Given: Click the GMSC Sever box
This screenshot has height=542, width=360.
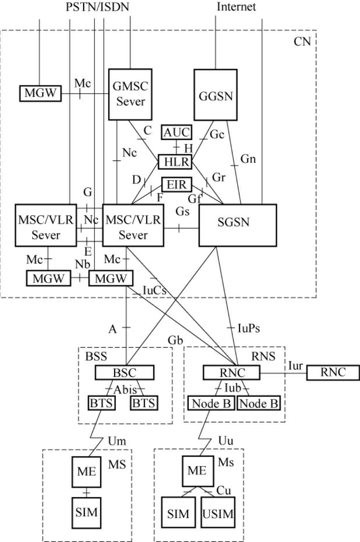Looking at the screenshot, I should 130,94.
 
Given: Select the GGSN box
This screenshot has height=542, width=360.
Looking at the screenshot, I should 215,95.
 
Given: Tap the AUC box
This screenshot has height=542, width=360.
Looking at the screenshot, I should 177,133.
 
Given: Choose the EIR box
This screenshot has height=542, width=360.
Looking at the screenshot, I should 177,184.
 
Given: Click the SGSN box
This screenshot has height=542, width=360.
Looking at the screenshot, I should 238,225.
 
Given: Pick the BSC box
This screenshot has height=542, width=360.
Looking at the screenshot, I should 124,372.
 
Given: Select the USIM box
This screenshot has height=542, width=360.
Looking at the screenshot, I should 218,514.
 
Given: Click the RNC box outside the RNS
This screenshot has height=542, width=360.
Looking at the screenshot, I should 333,372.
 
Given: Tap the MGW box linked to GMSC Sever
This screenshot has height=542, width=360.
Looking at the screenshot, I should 40,93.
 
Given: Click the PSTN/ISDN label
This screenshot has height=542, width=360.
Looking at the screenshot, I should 97,7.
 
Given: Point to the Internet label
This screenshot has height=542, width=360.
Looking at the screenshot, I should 236,7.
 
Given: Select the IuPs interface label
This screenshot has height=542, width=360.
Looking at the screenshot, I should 248,329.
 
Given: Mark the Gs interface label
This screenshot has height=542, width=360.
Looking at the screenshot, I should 182,212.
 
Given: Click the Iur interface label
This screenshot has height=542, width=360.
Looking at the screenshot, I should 296,366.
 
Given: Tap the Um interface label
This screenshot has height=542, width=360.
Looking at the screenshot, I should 117,441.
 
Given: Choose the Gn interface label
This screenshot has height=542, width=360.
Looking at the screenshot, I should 248,159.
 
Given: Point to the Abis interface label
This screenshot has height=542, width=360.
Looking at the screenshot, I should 125,390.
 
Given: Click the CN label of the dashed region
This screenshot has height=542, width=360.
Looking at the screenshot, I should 302,41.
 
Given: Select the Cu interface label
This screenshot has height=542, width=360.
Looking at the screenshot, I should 224,491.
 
